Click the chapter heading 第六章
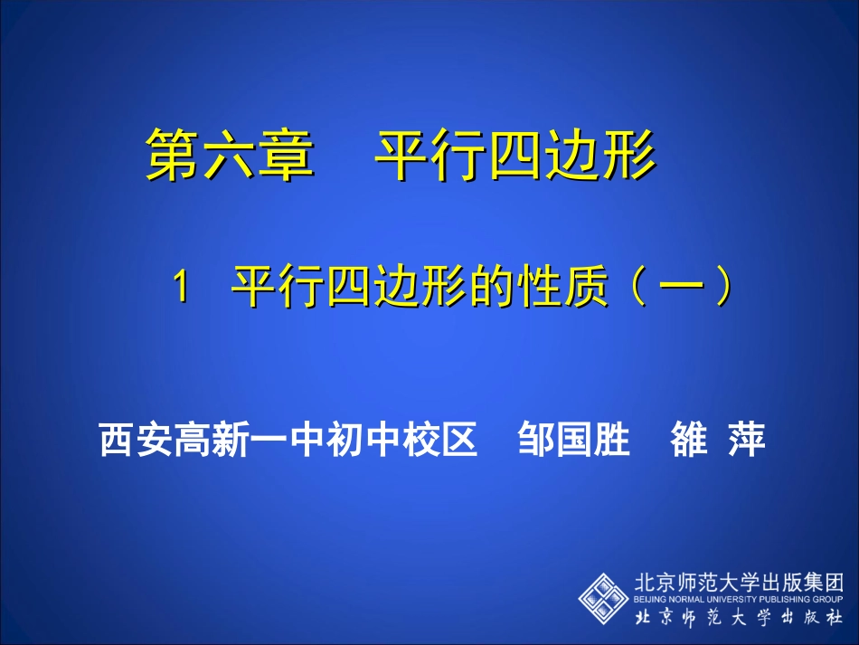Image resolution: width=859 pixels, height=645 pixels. (x=230, y=154)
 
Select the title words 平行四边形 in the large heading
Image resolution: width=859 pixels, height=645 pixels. (x=515, y=154)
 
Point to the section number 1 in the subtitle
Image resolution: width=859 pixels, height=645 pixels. (x=182, y=289)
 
